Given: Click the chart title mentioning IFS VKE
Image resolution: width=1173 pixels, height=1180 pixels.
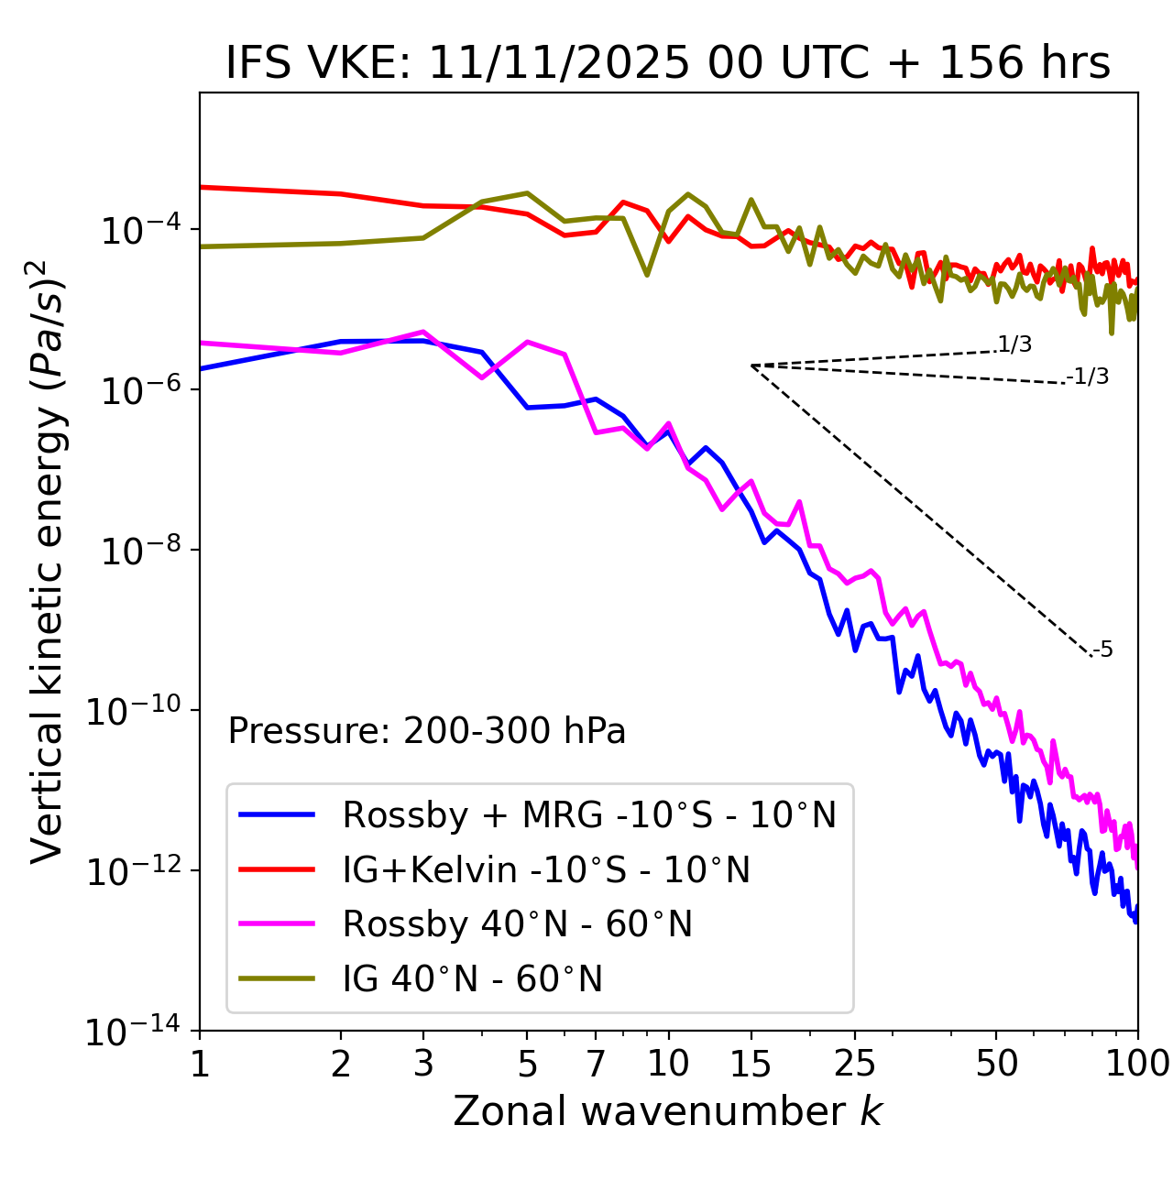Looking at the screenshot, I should pyautogui.click(x=668, y=63).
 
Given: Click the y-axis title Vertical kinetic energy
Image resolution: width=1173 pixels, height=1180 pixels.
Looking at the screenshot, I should pyautogui.click(x=49, y=561).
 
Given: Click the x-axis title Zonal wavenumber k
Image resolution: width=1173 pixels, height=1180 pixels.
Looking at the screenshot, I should pyautogui.click(x=668, y=1111).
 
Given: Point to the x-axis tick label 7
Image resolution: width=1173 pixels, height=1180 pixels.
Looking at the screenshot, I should pyautogui.click(x=596, y=1064).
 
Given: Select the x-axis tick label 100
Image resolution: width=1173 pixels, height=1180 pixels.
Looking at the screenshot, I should pyautogui.click(x=1137, y=1064).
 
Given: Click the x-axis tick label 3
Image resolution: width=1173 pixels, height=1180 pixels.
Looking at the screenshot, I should pyautogui.click(x=423, y=1064).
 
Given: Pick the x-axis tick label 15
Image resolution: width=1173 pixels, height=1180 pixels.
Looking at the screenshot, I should pyautogui.click(x=751, y=1064).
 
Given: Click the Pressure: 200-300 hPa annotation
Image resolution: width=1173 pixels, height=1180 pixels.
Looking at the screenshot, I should pyautogui.click(x=427, y=731).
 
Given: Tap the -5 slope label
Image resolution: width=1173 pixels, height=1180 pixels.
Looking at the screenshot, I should pyautogui.click(x=1103, y=650).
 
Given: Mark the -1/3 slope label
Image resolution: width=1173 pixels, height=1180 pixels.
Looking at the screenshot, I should pyautogui.click(x=1089, y=376).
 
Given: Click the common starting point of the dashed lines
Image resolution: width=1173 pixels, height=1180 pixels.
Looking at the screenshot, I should pyautogui.click(x=751, y=366).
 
